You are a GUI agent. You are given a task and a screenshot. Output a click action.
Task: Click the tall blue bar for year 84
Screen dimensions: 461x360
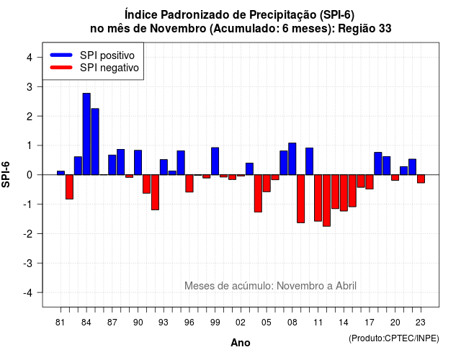[86, 134]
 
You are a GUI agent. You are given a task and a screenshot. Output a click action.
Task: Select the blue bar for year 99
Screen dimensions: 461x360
[215, 161]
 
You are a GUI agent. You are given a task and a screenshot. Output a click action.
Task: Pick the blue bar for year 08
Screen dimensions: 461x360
[292, 158]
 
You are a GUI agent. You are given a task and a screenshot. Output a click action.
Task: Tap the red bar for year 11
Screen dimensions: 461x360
[318, 198]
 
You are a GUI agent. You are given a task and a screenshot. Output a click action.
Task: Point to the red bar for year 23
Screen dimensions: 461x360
[421, 179]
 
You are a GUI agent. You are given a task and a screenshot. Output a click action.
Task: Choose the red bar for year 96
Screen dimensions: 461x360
[189, 184]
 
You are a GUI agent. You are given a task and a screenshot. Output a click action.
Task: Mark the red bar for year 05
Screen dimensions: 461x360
[267, 184]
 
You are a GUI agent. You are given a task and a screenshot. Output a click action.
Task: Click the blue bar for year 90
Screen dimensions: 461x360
[138, 163]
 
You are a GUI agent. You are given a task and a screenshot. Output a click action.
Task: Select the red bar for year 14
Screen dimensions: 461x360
[344, 193]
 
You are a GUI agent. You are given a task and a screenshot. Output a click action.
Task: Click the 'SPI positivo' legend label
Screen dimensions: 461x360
[107, 55]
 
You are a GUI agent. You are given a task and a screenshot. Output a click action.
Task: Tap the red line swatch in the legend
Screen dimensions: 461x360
[61, 67]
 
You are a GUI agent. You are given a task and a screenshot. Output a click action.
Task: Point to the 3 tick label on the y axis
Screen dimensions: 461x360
[30, 86]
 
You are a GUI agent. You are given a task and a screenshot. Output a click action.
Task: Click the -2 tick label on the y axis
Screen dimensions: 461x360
[28, 233]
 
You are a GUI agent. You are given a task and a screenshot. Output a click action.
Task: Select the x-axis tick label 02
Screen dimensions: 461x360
[241, 323]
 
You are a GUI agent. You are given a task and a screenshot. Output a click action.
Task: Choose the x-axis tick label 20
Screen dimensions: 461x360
[395, 323]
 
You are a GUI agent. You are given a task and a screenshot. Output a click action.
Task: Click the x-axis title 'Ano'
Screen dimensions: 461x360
[241, 343]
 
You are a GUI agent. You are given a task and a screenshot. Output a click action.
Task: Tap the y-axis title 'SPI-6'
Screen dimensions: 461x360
[6, 174]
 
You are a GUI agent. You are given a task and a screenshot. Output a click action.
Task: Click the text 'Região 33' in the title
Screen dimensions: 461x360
[365, 29]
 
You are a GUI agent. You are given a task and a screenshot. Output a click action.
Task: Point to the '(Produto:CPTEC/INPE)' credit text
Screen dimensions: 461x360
[394, 338]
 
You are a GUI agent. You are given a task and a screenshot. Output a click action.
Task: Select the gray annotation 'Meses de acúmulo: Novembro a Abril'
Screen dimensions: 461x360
[271, 286]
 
